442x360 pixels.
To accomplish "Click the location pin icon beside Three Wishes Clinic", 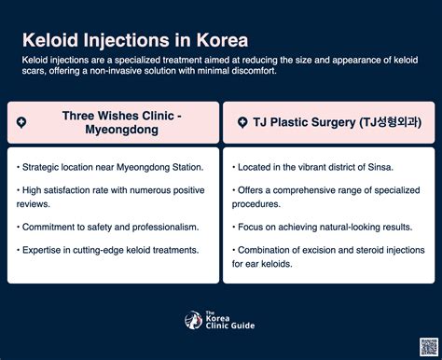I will point(21,122).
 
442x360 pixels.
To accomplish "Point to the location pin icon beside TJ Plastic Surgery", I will point(242,122).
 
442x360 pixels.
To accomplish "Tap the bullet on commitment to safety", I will point(107,227).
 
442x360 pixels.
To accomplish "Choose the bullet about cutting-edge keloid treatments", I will point(107,250).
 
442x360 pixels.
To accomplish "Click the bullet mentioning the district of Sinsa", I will point(314,167).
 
